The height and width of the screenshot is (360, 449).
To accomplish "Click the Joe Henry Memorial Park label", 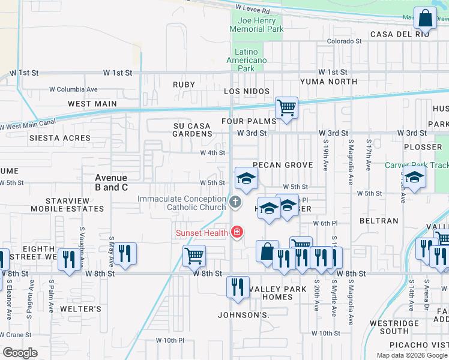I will [x=257, y=25].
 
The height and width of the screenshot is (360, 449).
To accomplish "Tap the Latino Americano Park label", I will [x=246, y=60].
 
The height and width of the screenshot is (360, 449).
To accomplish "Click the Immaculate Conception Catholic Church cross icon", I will [x=235, y=202].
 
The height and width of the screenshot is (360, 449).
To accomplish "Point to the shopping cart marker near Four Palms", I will [x=286, y=109].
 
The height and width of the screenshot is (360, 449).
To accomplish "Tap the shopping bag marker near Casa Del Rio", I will [x=425, y=19].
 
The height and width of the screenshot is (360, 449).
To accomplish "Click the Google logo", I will [x=20, y=353].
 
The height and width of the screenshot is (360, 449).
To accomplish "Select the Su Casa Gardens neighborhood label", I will [x=193, y=130].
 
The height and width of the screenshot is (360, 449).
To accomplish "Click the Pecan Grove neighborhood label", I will [x=283, y=165].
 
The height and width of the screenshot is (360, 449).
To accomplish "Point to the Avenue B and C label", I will [x=111, y=182].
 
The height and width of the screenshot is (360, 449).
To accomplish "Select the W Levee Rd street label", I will [x=253, y=10].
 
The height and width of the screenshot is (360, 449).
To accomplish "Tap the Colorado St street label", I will [x=344, y=41].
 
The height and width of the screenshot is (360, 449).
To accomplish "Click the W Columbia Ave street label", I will [x=73, y=89].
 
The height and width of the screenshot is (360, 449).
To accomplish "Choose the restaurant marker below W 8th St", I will [x=238, y=286].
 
